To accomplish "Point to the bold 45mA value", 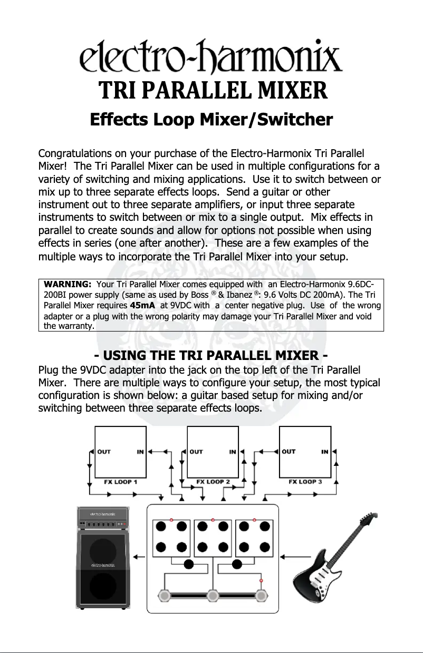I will coord(143,305).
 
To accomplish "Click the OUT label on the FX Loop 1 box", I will coord(104,452).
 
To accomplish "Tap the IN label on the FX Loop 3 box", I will coord(325,452).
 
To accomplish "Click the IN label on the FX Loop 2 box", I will coord(233,452).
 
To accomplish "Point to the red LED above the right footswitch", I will coord(261,581).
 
